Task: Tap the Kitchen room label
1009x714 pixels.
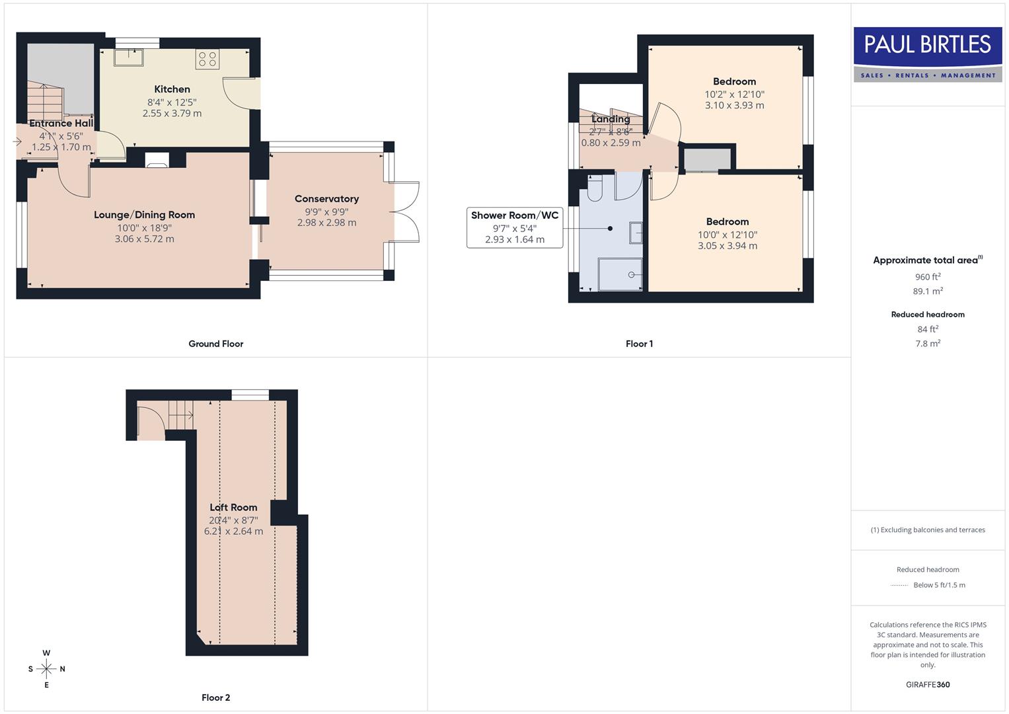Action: [x=172, y=89]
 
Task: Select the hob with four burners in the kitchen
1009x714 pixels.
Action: [x=207, y=59]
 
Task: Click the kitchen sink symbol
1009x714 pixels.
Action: [x=128, y=58]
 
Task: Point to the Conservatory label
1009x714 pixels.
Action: [x=326, y=199]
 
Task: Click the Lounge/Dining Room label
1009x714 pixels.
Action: [x=144, y=215]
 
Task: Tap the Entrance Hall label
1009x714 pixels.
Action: [x=61, y=123]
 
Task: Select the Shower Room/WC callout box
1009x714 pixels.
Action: [x=515, y=227]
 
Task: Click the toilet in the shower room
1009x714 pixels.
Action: [x=595, y=188]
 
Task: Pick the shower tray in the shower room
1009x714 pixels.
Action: [x=620, y=274]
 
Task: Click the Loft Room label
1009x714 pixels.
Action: [x=233, y=508]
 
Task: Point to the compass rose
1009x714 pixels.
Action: [x=46, y=669]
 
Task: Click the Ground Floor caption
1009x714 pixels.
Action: [x=215, y=344]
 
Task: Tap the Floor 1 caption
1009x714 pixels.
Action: [x=639, y=344]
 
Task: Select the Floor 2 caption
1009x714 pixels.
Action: [x=215, y=697]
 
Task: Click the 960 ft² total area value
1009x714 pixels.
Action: [x=928, y=277]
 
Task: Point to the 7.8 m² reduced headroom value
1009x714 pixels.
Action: [x=928, y=344]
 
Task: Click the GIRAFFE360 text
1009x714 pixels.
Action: [x=928, y=685]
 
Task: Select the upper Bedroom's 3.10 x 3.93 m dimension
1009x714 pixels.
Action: [x=734, y=106]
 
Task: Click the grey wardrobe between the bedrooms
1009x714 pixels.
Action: [x=707, y=159]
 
